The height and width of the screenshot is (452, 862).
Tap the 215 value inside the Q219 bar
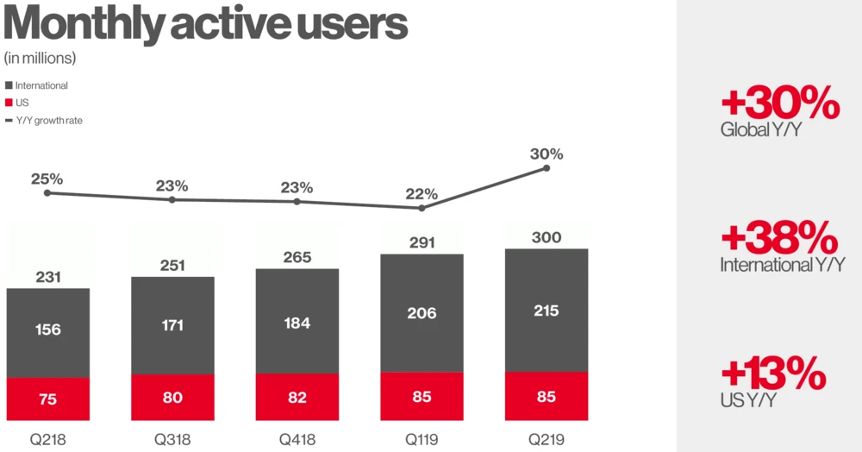[x=547, y=311]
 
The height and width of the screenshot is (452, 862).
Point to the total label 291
[x=422, y=244]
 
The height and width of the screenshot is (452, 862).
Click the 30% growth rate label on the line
[x=547, y=154]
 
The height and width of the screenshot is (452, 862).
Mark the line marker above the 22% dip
[x=422, y=208]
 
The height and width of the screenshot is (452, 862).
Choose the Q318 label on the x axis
[x=172, y=439]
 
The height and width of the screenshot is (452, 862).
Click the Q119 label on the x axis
[x=422, y=439]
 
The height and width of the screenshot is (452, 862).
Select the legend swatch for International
[x=9, y=85]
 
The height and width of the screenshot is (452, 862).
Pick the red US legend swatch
[x=9, y=103]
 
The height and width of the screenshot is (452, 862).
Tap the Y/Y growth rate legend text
[x=49, y=120]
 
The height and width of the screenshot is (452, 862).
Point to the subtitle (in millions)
[x=40, y=59]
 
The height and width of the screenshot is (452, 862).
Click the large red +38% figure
[x=779, y=238]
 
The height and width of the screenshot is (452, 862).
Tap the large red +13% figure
[x=773, y=374]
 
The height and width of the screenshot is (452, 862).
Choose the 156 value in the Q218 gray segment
[x=47, y=330]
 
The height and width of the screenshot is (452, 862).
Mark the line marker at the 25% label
[x=47, y=192]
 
